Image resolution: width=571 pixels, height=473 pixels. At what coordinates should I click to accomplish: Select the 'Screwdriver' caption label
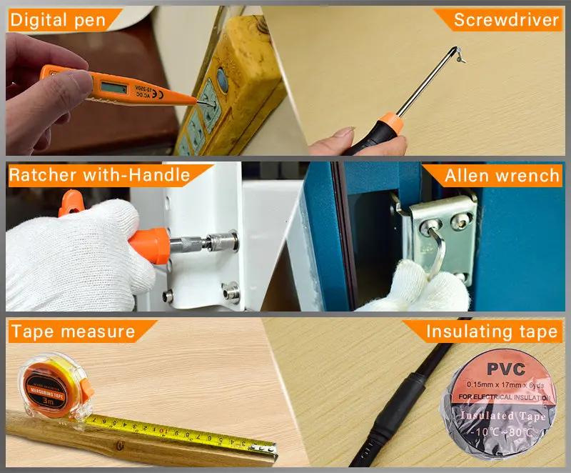coord(506,19)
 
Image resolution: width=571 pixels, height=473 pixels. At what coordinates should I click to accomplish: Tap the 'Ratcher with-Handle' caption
coord(100,175)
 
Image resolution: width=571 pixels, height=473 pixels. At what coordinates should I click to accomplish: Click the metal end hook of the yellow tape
coord(273,448)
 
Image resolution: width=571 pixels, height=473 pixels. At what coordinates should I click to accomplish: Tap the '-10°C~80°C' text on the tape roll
coord(503,432)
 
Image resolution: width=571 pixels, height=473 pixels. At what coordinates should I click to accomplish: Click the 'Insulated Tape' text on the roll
coord(503,416)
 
